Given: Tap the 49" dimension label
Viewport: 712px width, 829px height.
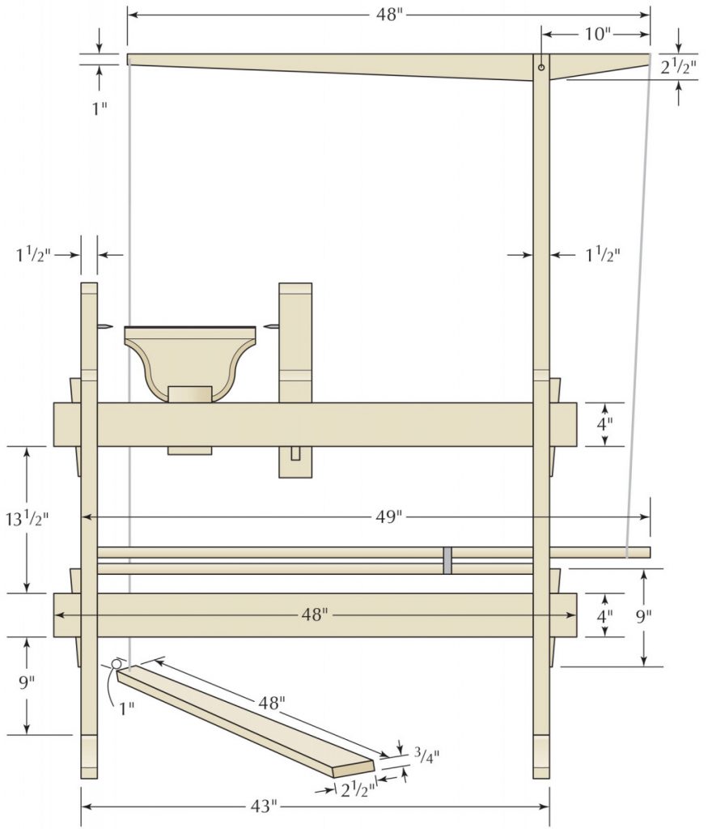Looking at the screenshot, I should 388,517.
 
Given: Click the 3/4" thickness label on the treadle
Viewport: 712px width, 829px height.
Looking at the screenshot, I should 426,755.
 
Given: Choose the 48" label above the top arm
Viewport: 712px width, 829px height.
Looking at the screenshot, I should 388,15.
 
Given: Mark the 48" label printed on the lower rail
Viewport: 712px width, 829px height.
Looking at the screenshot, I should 315,615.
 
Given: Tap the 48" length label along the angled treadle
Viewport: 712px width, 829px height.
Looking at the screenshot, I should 271,703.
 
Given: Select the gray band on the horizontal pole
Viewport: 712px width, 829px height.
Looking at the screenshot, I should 447,560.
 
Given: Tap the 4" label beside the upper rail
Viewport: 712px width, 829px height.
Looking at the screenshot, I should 604,423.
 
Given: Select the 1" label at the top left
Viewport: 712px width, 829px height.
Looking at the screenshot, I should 99,108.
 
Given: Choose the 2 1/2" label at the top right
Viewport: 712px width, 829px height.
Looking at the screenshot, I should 678,67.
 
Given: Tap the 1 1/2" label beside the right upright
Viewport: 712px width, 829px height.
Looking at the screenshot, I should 602,255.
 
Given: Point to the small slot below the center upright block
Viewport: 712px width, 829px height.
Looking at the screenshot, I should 296,453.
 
